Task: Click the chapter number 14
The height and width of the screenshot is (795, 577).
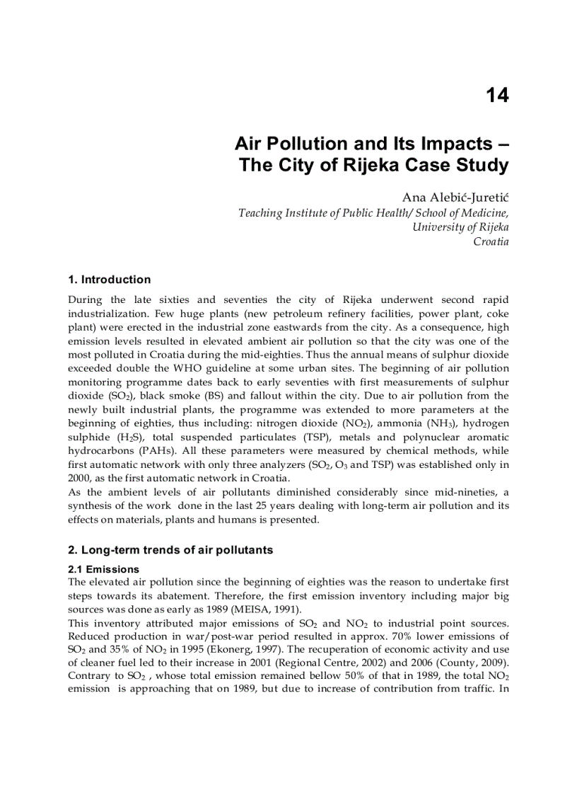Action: coord(497,96)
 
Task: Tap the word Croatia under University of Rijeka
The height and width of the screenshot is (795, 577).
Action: coord(491,241)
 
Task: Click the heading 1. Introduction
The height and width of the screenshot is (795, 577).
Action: coord(110,280)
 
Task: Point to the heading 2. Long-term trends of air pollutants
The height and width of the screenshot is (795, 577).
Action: coord(170,550)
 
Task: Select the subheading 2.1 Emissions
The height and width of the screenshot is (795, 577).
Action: coord(103,569)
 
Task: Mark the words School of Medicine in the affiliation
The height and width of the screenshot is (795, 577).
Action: coord(461,212)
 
